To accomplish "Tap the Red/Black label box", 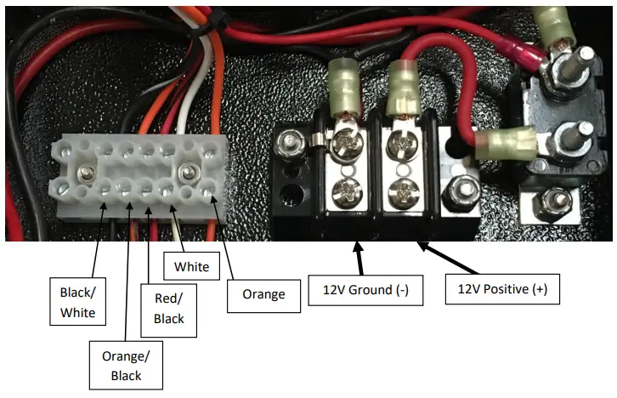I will coord(170,307).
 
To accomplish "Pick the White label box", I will coord(191,266).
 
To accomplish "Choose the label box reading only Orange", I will coord(263,295).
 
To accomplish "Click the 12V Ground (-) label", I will coord(365,289).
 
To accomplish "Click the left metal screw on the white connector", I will coord(87,174).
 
